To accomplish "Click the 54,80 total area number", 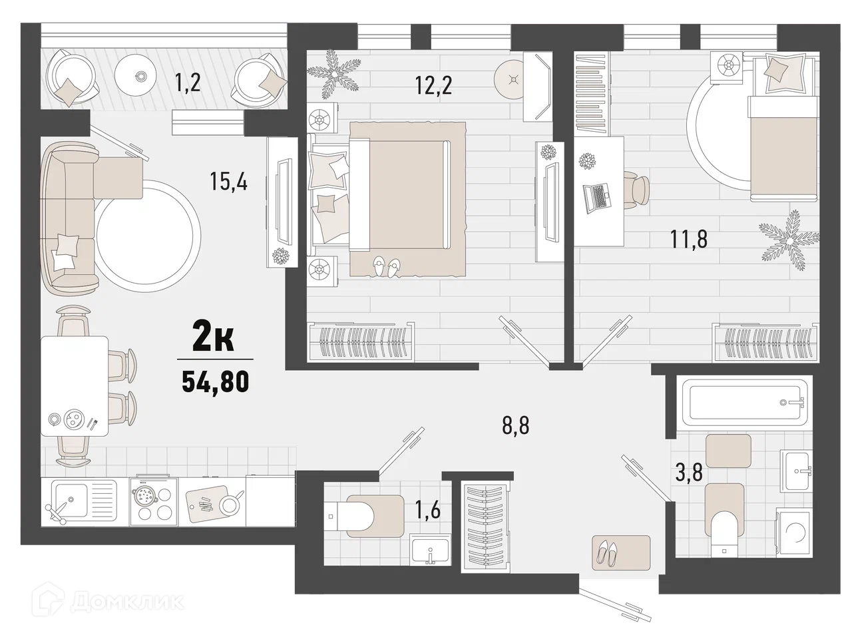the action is coord(216,381).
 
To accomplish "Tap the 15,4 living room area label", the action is coord(228,181).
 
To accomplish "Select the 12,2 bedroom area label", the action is coord(433,85).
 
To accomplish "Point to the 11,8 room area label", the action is coord(689,239).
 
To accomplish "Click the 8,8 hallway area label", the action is coord(515,426).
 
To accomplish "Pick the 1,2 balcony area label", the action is coord(188,83).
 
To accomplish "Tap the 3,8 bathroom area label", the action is coord(689,473).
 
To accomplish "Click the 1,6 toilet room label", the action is coord(428,510).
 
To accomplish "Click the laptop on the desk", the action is coord(597,198).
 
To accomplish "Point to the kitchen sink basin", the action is coord(70,498).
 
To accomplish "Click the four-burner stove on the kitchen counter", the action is coord(153,502).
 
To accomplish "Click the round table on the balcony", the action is coord(136,75).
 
